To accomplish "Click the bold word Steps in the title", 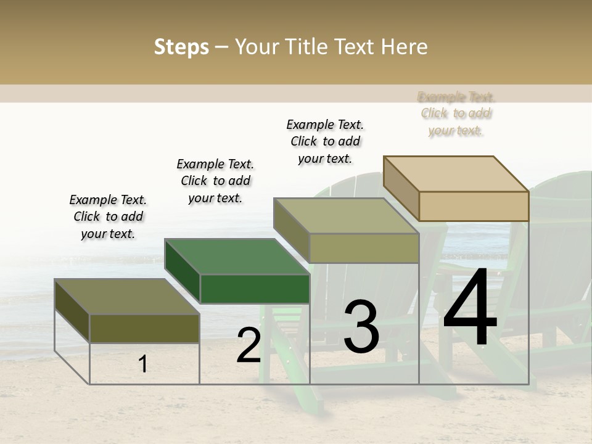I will tap(181, 47).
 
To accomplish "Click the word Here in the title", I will tap(405, 47).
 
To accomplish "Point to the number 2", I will tap(249, 345).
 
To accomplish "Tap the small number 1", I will tap(143, 364).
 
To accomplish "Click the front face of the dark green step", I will tap(255, 289).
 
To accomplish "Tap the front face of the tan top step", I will tap(474, 206).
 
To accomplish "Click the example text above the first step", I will tap(108, 217).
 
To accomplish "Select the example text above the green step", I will tap(215, 181).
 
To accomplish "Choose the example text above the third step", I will tap(325, 142).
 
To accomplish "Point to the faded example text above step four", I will tap(456, 113).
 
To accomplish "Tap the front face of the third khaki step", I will tap(364, 249).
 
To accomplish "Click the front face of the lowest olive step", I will tap(144, 328).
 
